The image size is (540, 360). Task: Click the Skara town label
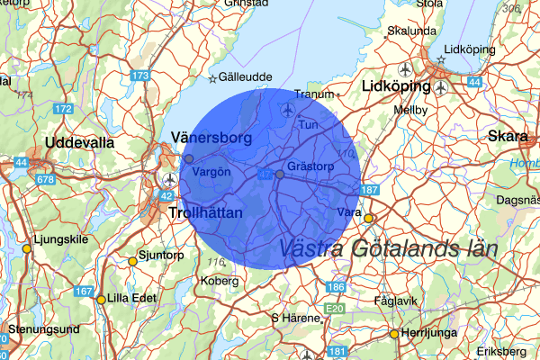pos(507,136)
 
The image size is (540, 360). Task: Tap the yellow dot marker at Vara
pos(368,218)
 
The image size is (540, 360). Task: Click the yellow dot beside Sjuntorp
pos(132,261)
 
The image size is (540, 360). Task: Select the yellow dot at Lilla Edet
pos(101,299)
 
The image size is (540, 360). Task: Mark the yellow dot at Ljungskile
pos(26,248)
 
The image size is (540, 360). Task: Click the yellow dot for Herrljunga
pos(393,334)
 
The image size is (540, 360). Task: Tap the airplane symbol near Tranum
pos(287,110)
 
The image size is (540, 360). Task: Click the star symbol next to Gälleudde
pos(213,78)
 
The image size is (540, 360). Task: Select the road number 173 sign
pos(139,76)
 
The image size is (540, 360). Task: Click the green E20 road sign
pos(334,308)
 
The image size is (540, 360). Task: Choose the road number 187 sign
pos(369,190)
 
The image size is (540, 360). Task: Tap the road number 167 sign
pos(84,291)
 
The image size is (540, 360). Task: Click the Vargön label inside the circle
pos(212,171)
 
